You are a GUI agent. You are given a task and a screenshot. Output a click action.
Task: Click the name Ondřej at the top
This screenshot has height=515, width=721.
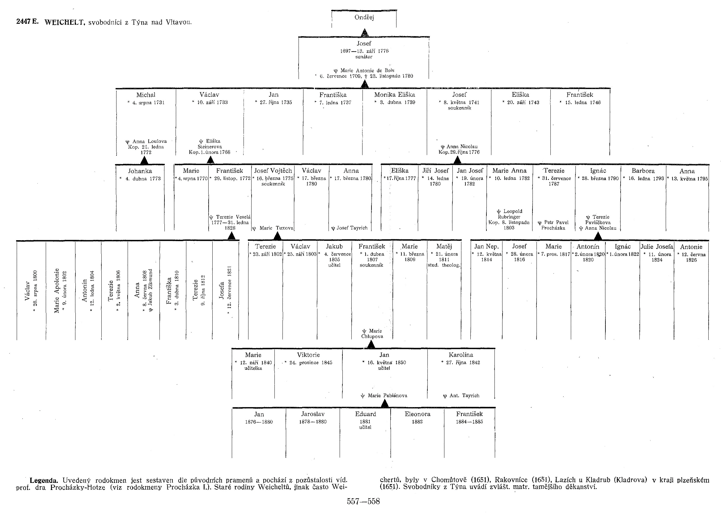(364, 17)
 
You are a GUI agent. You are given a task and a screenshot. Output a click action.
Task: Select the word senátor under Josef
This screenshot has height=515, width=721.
(364, 57)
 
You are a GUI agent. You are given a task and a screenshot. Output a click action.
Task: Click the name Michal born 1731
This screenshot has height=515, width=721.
(146, 95)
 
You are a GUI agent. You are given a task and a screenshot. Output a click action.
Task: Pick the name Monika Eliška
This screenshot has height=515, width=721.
(394, 95)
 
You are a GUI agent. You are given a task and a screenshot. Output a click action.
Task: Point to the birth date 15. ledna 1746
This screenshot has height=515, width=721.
(583, 102)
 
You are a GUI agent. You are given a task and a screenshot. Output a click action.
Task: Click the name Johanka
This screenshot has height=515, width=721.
(140, 171)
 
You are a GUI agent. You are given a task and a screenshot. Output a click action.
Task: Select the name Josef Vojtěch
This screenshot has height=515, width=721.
(273, 171)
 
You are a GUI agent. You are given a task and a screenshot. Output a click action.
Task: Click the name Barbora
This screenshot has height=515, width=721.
(643, 171)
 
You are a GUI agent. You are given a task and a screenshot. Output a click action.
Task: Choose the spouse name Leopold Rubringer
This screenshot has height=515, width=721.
(509, 214)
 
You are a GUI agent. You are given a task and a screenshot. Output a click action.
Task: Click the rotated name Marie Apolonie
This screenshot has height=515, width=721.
(57, 291)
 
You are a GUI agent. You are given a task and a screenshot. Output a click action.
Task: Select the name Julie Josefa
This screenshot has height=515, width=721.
(657, 247)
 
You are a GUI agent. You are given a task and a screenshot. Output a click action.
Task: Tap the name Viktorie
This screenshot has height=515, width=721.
(308, 355)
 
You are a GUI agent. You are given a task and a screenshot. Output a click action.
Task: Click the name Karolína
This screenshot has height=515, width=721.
(461, 355)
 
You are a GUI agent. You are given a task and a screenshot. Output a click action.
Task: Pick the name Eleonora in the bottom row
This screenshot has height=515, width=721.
(417, 414)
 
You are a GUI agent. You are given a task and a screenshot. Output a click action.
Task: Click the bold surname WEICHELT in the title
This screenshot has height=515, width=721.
(65, 22)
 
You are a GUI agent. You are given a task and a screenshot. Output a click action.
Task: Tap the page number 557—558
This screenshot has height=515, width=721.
(363, 501)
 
